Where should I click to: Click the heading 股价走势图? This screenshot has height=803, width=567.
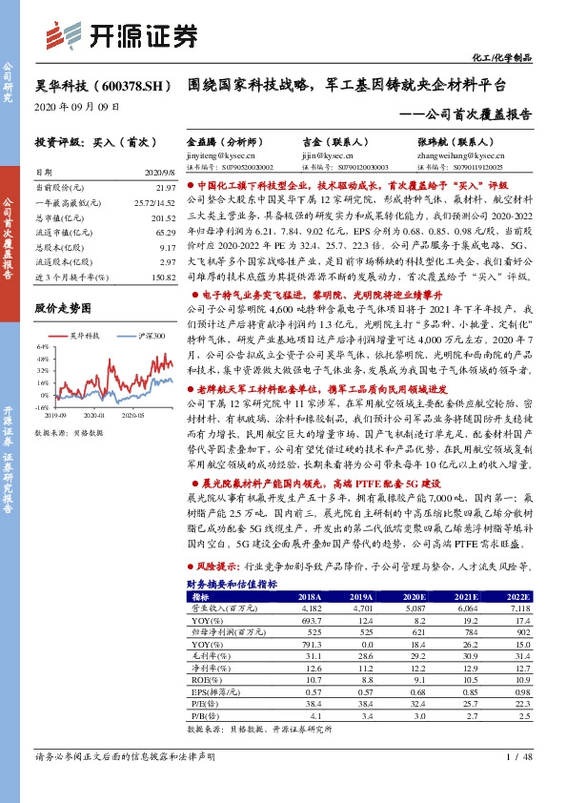pyautogui.click(x=63, y=309)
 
